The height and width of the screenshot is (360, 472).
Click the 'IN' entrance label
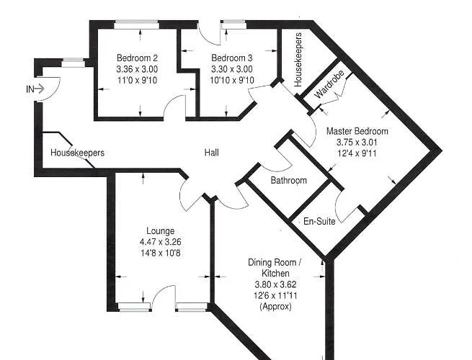point(30,89)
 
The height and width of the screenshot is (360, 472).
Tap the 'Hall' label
point(211,153)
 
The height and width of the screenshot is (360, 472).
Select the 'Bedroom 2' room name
point(137,58)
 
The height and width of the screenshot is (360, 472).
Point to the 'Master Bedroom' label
point(357,131)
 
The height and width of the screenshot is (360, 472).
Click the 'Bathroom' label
point(289,180)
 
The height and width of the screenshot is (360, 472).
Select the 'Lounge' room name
point(159,230)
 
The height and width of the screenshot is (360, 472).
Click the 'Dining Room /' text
point(274,263)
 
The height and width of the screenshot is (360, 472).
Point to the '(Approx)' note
point(275,306)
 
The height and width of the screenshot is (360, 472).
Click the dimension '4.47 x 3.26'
point(159,242)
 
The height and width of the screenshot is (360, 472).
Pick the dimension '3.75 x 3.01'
point(357,142)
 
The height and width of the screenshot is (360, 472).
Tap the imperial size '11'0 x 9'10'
point(137,79)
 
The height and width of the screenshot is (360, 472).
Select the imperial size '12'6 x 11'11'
point(274,295)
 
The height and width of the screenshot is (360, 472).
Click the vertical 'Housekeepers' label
point(298,59)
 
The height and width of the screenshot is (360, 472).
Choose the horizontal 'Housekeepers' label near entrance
point(77,153)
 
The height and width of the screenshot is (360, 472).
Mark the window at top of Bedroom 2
point(137,24)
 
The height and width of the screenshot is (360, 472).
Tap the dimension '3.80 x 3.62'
point(274,284)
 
